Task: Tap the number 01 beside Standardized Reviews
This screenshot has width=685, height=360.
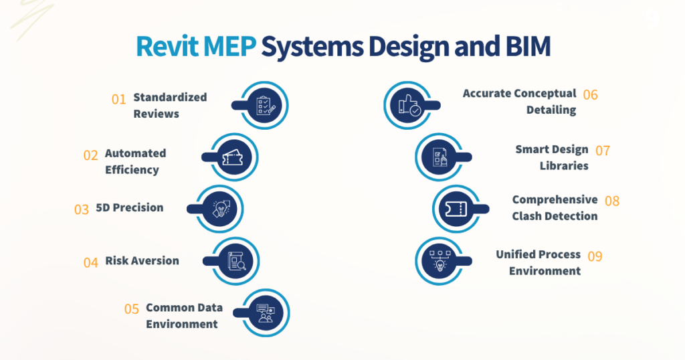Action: tap(119, 99)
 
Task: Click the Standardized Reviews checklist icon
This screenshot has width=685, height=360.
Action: tap(266, 106)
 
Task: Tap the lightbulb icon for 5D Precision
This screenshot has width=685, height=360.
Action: tap(221, 209)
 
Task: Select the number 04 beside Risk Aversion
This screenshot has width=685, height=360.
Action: tap(91, 262)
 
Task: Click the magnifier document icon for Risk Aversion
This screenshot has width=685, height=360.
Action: tap(236, 261)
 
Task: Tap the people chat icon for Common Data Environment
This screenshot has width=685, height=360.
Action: tap(266, 312)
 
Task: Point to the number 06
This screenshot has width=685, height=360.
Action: tap(590, 94)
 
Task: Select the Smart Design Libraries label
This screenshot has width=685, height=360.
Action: tap(552, 157)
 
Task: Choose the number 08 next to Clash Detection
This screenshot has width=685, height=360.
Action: tap(611, 201)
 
